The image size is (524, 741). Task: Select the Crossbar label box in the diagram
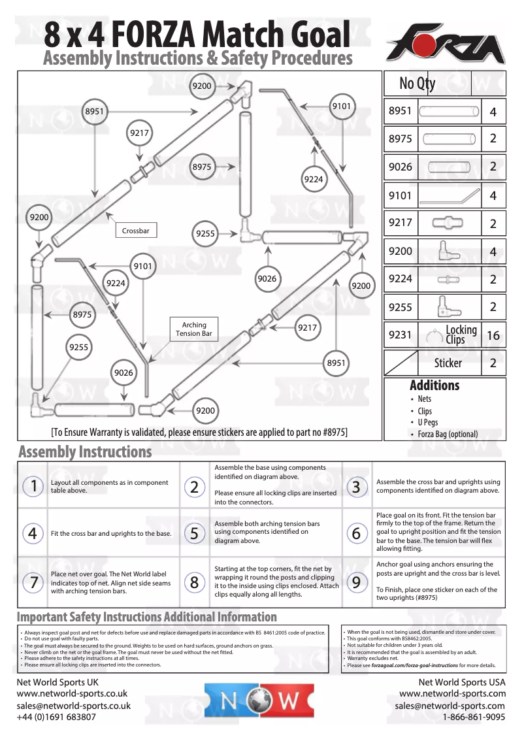click(136, 231)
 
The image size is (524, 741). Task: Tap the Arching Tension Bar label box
click(194, 329)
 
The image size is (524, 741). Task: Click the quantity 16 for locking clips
click(493, 335)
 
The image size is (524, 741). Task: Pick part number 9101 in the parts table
click(400, 195)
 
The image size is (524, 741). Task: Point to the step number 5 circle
click(195, 533)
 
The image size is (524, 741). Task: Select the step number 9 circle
click(356, 582)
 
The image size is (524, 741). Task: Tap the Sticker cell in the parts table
click(448, 363)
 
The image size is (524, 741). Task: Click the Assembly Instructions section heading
click(85, 452)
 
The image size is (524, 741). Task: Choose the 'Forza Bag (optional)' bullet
click(448, 434)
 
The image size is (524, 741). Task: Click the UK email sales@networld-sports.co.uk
click(74, 706)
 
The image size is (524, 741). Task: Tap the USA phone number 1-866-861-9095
click(474, 717)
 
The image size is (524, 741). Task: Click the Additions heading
click(434, 386)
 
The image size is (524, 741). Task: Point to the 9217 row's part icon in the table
click(448, 223)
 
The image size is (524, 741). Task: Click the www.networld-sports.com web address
click(452, 694)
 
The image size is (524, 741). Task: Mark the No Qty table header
click(418, 84)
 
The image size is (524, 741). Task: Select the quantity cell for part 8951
click(493, 112)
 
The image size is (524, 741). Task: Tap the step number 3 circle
click(356, 486)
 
